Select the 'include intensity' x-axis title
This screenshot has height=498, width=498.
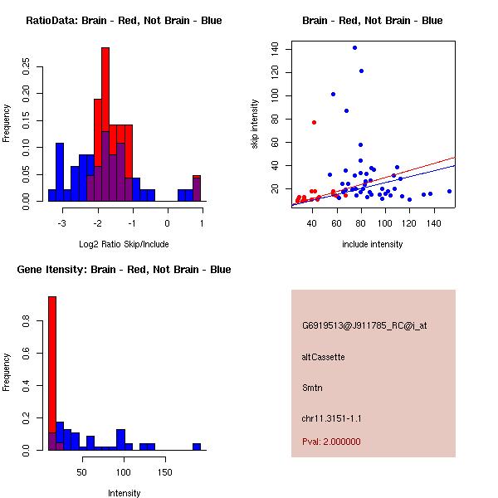pos(372,244)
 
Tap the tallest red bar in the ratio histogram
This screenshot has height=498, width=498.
pos(105,124)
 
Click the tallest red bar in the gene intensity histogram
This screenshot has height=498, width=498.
pos(52,373)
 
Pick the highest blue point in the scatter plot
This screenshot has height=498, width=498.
pos(354,47)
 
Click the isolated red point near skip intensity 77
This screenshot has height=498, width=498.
pos(314,122)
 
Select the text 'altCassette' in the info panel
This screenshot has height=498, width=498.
pos(323,357)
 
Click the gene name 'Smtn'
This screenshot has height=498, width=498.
pos(311,387)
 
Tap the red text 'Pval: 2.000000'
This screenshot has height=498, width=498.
pos(331,442)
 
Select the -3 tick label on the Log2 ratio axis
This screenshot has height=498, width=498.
pos(61,223)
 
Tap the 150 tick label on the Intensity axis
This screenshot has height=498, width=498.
pos(165,472)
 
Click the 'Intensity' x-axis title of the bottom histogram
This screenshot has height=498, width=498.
pos(124,493)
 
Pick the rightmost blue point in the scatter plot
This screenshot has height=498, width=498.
pos(449,191)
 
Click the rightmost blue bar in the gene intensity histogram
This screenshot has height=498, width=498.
pos(197,447)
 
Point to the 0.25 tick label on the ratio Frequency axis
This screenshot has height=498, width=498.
pos(27,66)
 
